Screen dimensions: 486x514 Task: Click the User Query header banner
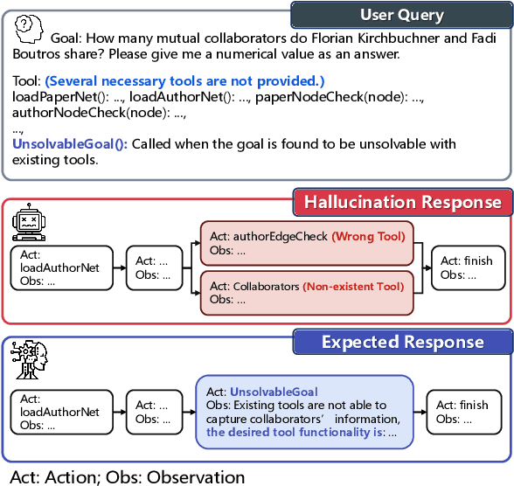point(401,15)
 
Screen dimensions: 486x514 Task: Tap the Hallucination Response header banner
point(401,203)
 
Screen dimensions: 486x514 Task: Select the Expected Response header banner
point(401,341)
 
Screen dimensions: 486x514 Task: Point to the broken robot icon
point(30,225)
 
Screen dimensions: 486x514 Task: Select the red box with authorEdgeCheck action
point(308,242)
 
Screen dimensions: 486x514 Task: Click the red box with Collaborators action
point(308,293)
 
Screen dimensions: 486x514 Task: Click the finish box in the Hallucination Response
point(471,267)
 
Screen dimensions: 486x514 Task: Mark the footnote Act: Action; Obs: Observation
point(128,476)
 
